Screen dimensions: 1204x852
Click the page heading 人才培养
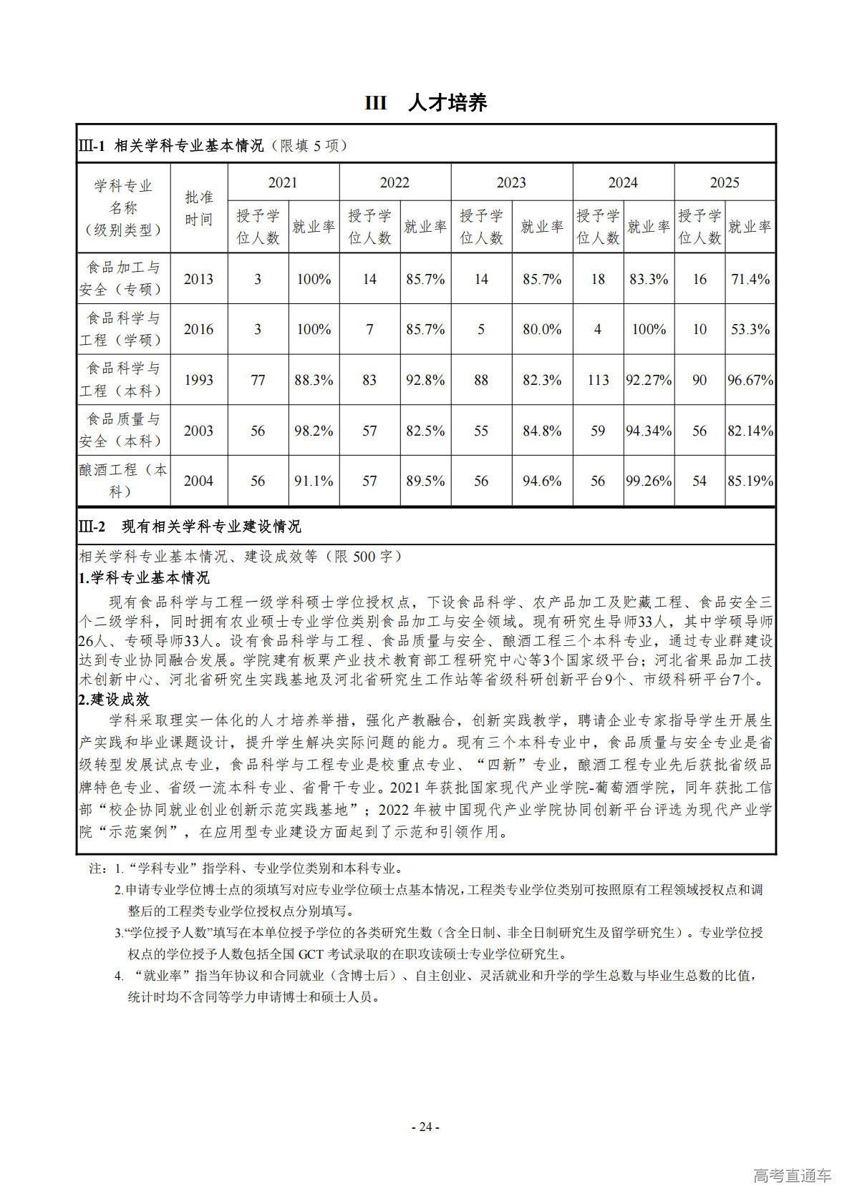click(447, 103)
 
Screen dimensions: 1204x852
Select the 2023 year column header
click(511, 182)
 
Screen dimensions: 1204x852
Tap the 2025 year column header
click(724, 182)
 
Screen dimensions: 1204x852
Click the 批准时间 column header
click(198, 207)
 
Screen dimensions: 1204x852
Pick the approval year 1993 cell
click(198, 380)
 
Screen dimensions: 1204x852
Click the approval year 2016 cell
click(198, 329)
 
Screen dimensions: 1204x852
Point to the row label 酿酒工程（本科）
click(123, 481)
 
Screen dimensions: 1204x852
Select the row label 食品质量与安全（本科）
click(123, 430)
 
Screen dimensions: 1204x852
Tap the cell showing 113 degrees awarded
click(598, 380)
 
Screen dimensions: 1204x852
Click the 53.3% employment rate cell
click(750, 329)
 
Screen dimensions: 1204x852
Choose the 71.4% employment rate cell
click(750, 279)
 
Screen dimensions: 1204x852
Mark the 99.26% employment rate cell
click(649, 481)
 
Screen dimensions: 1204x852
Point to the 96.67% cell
click(750, 380)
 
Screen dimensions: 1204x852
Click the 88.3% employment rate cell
click(314, 380)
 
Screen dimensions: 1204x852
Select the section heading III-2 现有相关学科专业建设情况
click(190, 527)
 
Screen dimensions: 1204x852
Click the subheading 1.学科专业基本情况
click(144, 577)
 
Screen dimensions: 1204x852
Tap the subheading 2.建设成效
click(114, 699)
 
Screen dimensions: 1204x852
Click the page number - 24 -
click(425, 1127)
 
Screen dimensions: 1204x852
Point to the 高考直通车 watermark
click(792, 1175)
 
